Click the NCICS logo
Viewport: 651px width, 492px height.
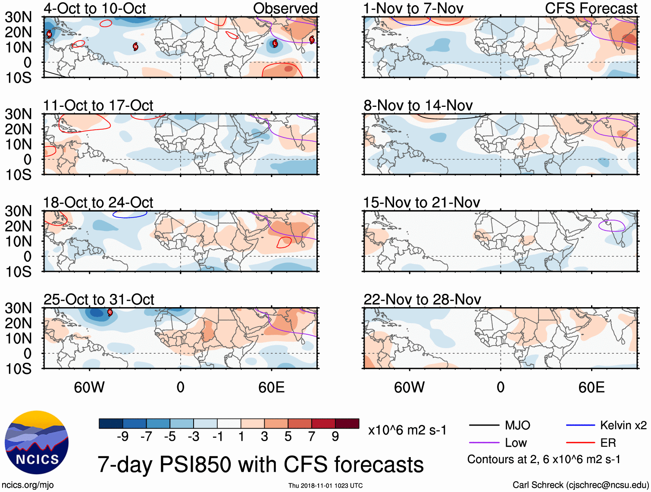coord(36,443)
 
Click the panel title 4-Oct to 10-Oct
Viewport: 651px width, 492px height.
coord(94,8)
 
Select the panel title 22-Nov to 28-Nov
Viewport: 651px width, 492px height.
coord(422,299)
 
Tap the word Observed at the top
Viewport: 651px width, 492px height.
coord(285,8)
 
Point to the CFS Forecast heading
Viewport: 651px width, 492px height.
coord(591,8)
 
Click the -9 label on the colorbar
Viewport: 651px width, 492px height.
coord(122,437)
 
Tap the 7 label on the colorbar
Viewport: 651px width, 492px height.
coord(312,437)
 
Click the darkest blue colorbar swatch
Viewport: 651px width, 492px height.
coord(111,423)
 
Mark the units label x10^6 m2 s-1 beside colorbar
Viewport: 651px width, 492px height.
coord(407,430)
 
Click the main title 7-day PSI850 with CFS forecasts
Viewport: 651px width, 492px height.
coord(260,465)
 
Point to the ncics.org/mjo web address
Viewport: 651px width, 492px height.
coord(28,485)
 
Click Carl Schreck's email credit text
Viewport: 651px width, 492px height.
coord(580,485)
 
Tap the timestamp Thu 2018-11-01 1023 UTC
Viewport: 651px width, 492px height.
coord(325,486)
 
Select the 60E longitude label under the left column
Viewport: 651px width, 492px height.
coord(271,387)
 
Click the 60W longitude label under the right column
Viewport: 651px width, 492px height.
coord(409,387)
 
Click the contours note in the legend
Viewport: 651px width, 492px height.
coord(544,460)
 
